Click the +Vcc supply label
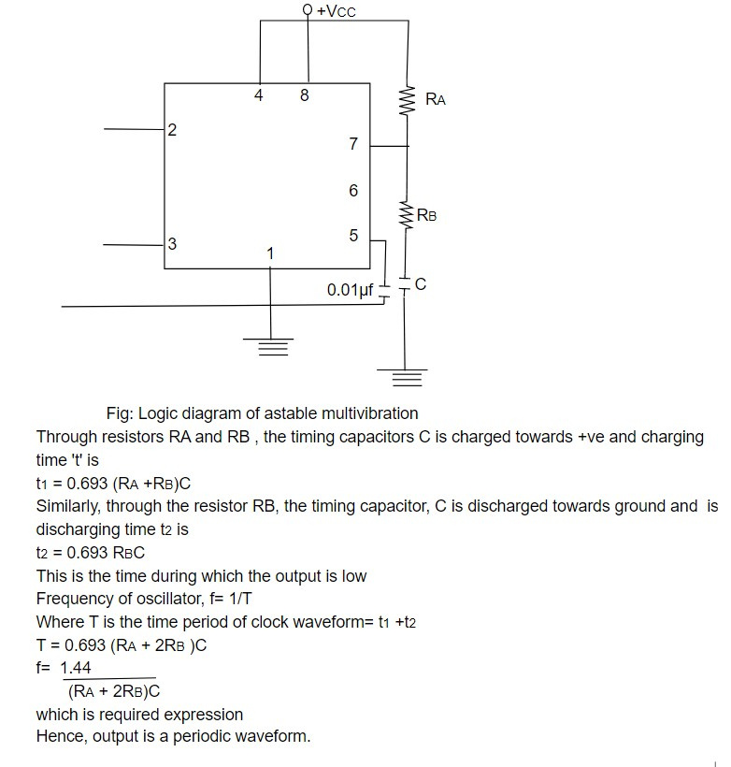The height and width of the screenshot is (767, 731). click(x=337, y=11)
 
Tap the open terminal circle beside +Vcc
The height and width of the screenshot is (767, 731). click(x=308, y=9)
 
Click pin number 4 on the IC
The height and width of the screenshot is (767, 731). click(x=259, y=94)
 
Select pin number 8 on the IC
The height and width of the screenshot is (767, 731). click(x=304, y=94)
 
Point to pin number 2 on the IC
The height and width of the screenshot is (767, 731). click(x=172, y=130)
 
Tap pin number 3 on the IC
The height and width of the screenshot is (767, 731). click(x=172, y=243)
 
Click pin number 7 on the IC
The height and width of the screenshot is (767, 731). click(x=353, y=143)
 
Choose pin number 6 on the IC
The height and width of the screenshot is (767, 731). click(x=353, y=190)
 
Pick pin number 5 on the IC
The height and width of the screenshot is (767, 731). click(x=353, y=236)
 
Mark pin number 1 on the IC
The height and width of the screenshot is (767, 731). click(x=270, y=253)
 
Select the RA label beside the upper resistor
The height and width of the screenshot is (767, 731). click(x=436, y=99)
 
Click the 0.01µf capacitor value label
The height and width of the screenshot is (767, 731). click(x=351, y=290)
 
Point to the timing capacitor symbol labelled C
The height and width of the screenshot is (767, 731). click(x=404, y=284)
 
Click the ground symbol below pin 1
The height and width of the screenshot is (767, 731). click(x=270, y=347)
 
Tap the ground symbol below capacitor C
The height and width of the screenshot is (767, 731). click(x=403, y=378)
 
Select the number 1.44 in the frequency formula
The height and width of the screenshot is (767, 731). click(x=76, y=668)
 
